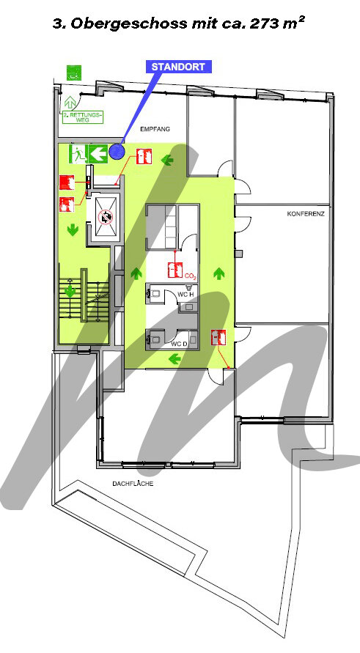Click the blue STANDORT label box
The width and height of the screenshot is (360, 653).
click(178, 67)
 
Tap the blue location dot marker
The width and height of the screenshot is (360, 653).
click(117, 152)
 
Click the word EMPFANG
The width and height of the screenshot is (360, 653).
click(155, 129)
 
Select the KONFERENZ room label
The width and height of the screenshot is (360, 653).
click(306, 214)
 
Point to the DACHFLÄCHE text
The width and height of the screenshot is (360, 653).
click(133, 484)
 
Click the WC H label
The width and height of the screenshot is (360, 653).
click(185, 295)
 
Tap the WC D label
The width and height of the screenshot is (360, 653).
click(179, 344)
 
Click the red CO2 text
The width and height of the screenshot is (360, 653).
click(191, 276)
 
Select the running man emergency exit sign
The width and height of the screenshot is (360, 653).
click(78, 153)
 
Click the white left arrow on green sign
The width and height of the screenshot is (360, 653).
click(98, 153)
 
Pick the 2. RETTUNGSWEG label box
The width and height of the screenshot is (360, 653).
click(83, 117)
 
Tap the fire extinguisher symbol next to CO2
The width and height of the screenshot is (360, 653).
click(175, 270)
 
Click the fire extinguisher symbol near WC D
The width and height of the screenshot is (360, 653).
click(218, 337)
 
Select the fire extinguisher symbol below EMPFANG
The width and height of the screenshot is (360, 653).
click(144, 157)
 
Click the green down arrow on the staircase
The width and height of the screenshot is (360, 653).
click(70, 290)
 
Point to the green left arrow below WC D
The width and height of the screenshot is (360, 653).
click(175, 358)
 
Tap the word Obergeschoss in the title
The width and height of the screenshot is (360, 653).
click(129, 23)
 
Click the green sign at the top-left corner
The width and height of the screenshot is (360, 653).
click(75, 73)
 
